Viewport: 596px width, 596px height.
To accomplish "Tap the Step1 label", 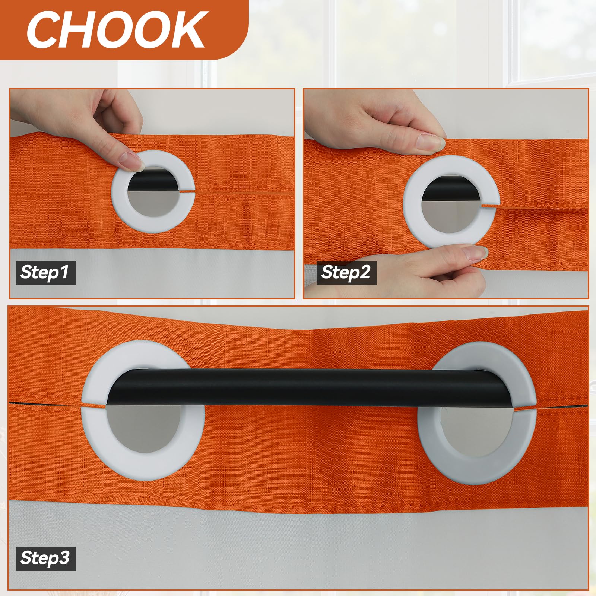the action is click(x=45, y=272).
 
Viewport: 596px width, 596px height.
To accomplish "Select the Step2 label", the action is click(x=346, y=272).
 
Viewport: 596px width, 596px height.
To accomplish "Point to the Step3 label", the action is click(x=45, y=558).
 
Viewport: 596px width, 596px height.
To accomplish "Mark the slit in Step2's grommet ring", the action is click(x=489, y=204).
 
